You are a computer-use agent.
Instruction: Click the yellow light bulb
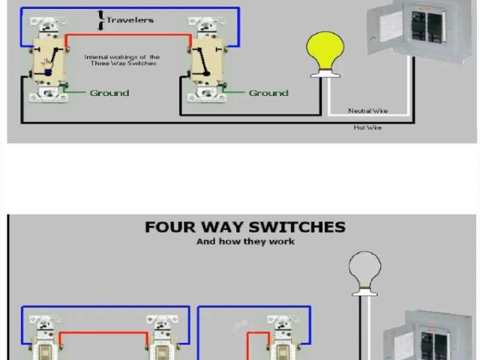click(x=325, y=49)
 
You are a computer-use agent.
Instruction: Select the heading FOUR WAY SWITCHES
click(x=245, y=226)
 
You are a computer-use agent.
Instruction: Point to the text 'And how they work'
click(x=245, y=241)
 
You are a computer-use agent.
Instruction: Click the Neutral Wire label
click(x=367, y=111)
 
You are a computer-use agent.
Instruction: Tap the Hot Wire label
click(x=367, y=127)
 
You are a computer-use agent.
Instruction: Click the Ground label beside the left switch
click(x=109, y=93)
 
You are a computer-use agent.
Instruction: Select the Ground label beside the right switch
click(x=268, y=93)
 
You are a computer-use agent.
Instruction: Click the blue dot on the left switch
click(x=47, y=73)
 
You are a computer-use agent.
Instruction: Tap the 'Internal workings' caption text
click(x=121, y=59)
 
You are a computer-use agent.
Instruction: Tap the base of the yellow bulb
click(x=325, y=73)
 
